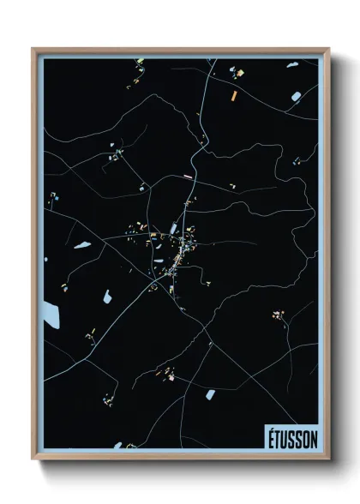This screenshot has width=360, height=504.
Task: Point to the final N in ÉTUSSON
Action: [x=313, y=438]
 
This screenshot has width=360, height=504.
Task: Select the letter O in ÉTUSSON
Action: [x=304, y=438]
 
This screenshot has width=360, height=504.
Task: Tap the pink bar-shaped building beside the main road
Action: [x=188, y=177]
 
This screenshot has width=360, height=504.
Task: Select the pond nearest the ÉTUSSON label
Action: [x=210, y=394]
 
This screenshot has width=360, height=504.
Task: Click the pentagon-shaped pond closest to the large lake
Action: [x=107, y=297]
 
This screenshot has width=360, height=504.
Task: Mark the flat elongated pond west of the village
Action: [x=82, y=246]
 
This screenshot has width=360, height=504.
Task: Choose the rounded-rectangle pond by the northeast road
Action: [x=296, y=95]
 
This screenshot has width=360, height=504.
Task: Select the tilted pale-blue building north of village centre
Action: [x=175, y=228]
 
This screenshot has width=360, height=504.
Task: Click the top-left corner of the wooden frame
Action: [x=33, y=49]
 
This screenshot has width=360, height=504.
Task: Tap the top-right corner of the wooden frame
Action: [x=328, y=49]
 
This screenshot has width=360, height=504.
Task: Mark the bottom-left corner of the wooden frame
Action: [x=33, y=459]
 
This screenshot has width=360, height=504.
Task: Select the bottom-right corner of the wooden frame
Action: [x=328, y=459]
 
